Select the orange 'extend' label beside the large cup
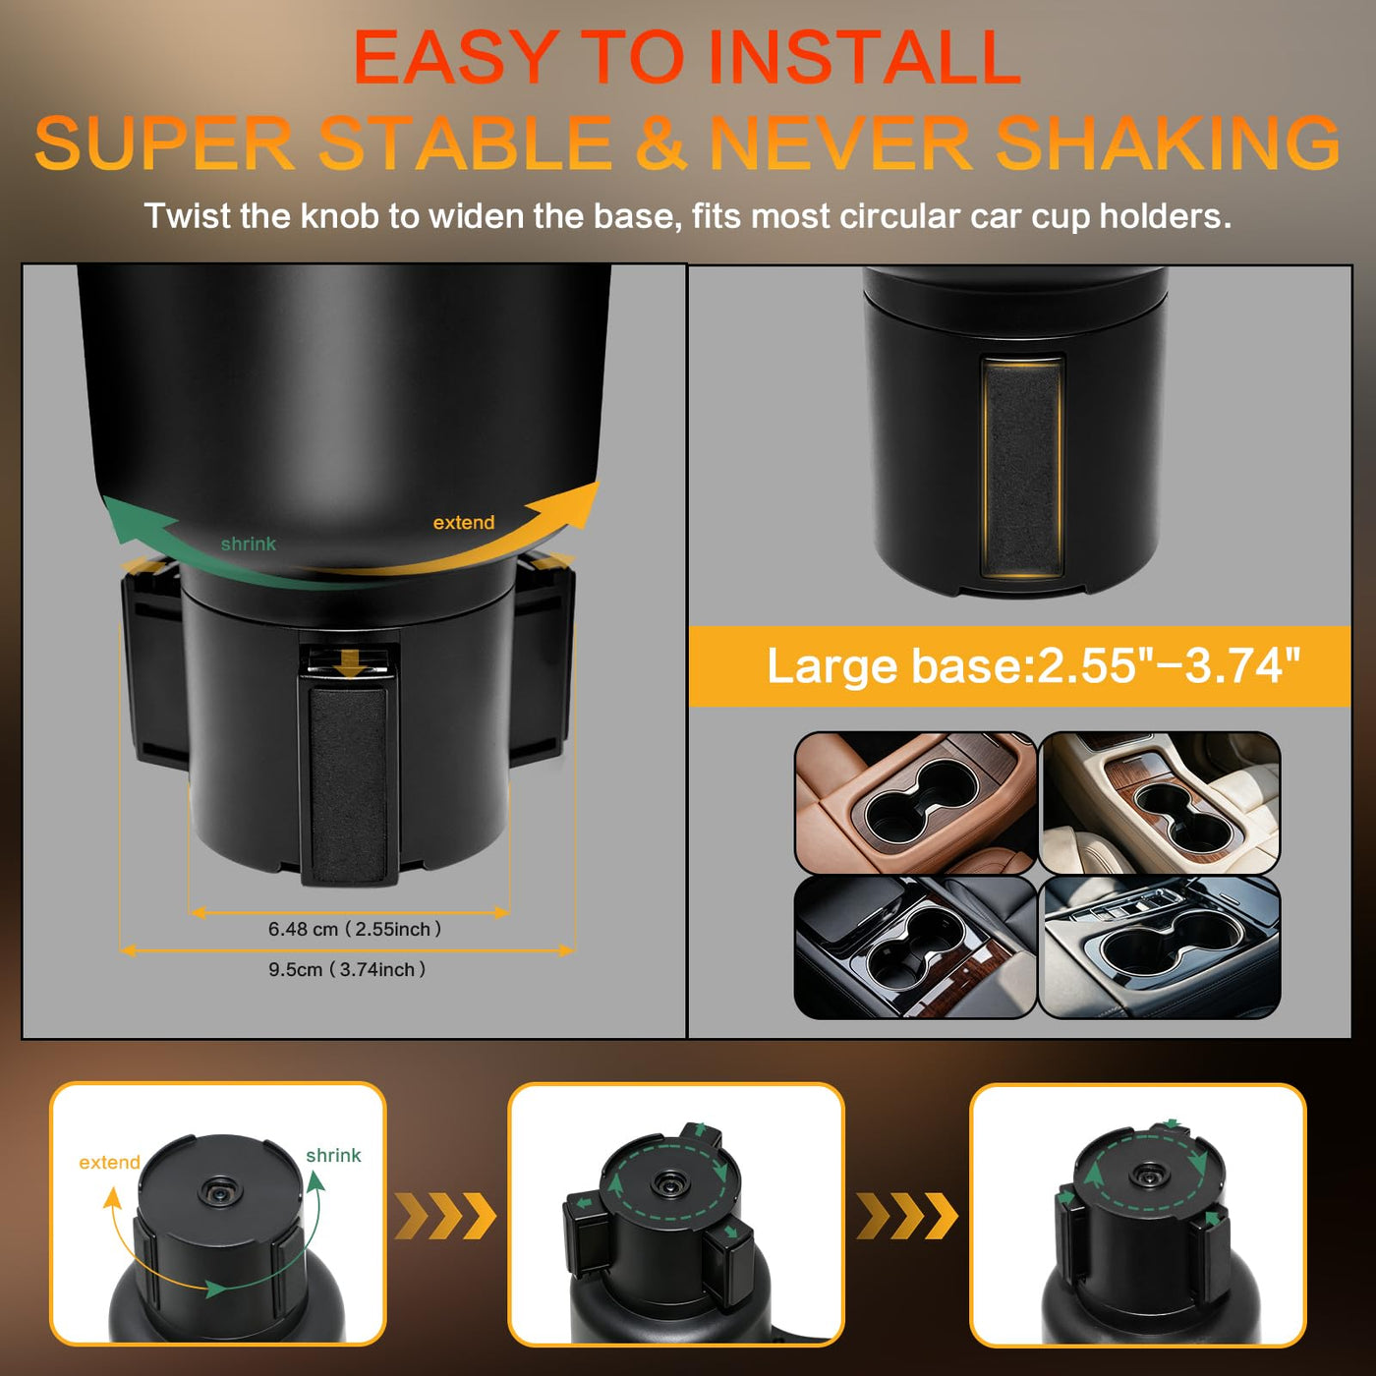tap(464, 522)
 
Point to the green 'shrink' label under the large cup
tap(248, 544)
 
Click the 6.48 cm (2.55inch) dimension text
tap(355, 929)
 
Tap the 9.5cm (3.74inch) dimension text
tap(347, 969)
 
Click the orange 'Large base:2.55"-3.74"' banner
tap(1019, 666)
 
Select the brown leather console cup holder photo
tap(915, 803)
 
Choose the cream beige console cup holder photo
tap(1159, 803)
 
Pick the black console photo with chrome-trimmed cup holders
tap(915, 946)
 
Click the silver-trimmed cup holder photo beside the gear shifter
tap(1159, 946)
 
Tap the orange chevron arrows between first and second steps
tap(445, 1216)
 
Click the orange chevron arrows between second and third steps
tap(907, 1216)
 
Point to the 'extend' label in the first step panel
tap(109, 1163)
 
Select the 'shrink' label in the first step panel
tap(333, 1156)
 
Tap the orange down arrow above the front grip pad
tap(349, 664)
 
